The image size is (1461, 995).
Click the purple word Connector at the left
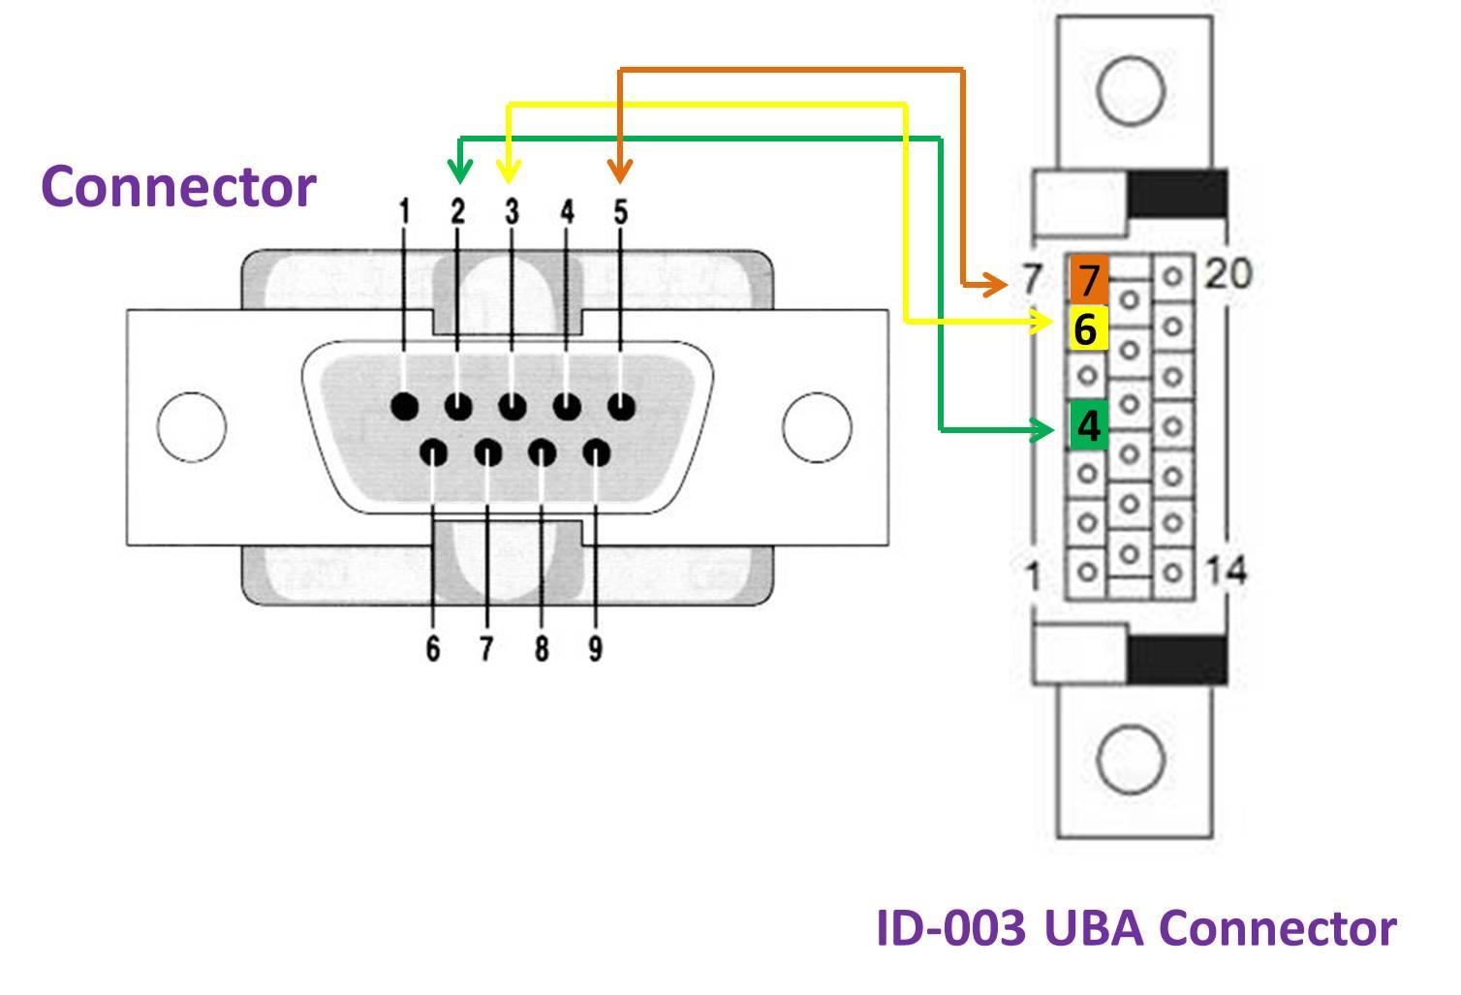(x=178, y=186)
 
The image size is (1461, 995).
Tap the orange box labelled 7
(x=1088, y=279)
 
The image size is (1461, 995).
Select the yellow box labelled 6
(x=1088, y=328)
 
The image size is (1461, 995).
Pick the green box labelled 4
(x=1088, y=425)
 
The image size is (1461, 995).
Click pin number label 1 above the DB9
(x=404, y=212)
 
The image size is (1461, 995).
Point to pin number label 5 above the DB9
(x=621, y=212)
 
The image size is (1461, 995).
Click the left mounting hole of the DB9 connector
(x=191, y=426)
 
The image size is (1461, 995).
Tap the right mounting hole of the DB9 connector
(x=817, y=426)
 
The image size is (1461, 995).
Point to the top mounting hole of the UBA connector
(x=1131, y=89)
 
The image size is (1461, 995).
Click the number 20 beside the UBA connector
(x=1227, y=274)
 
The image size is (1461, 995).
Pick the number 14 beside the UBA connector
(x=1225, y=570)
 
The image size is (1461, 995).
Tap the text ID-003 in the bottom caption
(x=949, y=928)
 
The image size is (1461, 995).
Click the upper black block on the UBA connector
(x=1177, y=193)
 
